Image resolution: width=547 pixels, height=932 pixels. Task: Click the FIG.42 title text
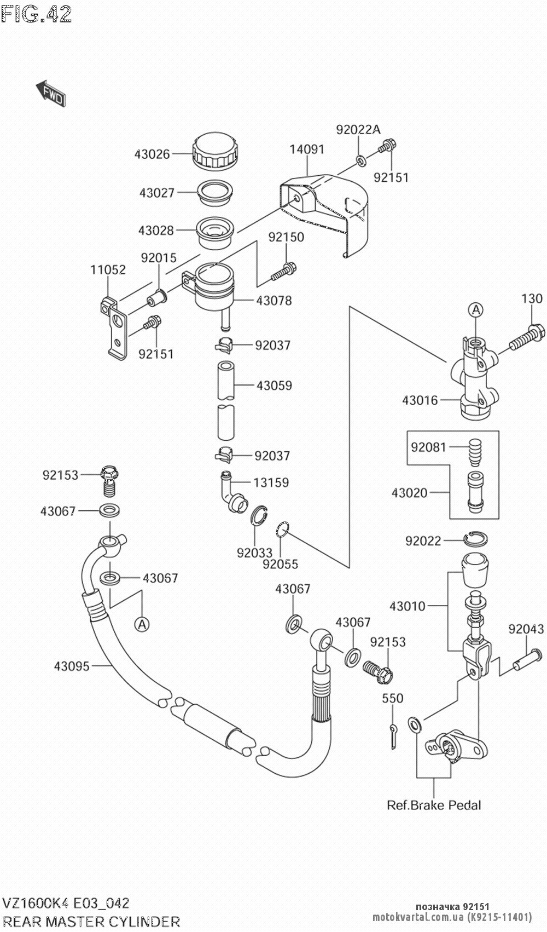[37, 14]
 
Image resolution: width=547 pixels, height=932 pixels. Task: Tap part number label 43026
[152, 154]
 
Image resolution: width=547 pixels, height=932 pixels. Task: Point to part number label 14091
[307, 149]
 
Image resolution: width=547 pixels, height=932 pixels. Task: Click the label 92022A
[358, 130]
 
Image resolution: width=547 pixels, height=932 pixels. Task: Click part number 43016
[420, 400]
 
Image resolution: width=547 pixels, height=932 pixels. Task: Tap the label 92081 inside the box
[429, 447]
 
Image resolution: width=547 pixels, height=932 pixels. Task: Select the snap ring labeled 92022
[475, 539]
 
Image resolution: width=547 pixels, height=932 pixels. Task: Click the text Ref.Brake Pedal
[434, 805]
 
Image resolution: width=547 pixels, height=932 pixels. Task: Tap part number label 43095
[72, 666]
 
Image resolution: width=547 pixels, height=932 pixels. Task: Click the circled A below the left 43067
[142, 624]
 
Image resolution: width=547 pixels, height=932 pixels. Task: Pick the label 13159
[271, 482]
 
